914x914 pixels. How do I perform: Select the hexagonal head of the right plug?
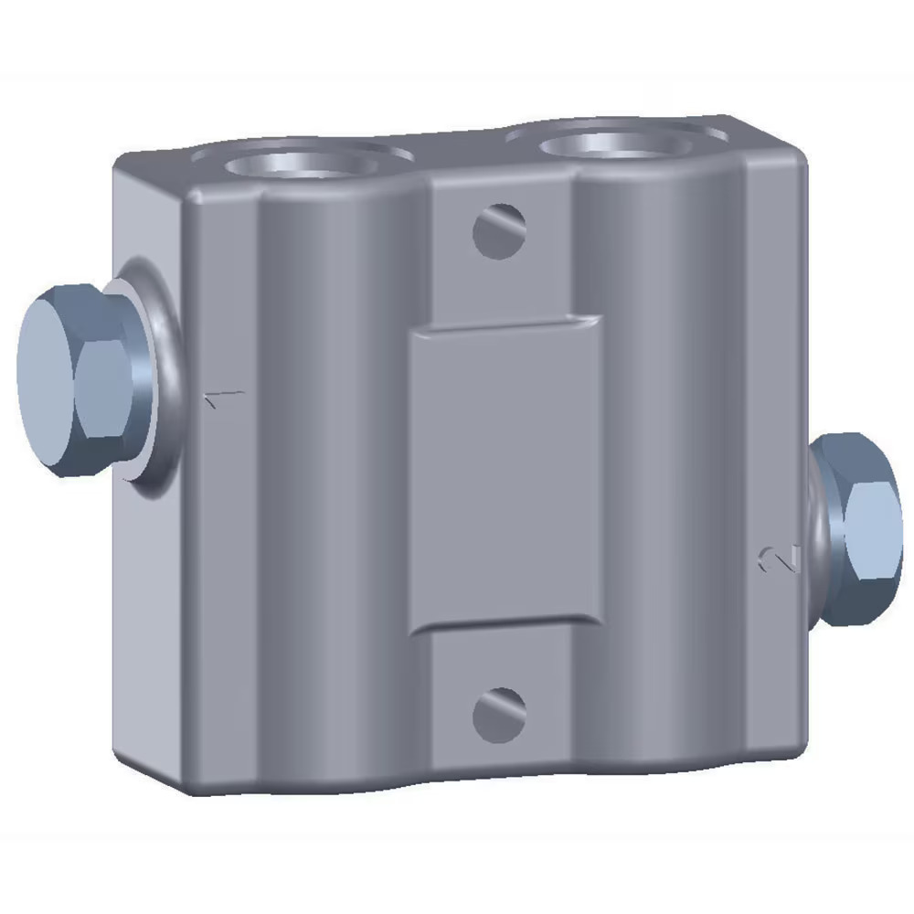click(x=864, y=530)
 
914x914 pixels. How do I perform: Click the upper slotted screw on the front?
click(x=499, y=229)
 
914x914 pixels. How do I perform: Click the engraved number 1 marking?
click(x=225, y=399)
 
